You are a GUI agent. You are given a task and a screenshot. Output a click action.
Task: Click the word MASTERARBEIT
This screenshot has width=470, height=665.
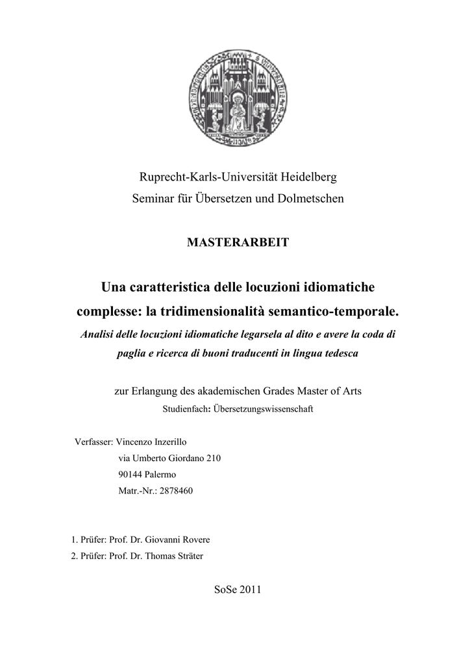pyautogui.click(x=238, y=242)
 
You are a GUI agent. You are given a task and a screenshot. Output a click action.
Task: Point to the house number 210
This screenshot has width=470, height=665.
pyautogui.click(x=214, y=458)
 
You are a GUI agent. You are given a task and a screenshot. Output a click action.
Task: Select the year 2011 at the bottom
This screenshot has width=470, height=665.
pyautogui.click(x=249, y=590)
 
